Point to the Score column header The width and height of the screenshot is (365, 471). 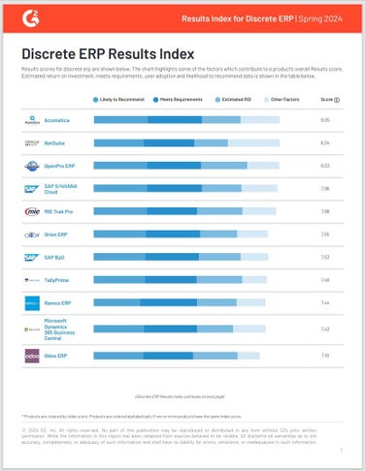click(327, 100)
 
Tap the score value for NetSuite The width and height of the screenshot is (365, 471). click(325, 142)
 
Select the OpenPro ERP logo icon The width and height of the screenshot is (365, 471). click(30, 166)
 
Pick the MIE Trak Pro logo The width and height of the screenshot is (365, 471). click(30, 210)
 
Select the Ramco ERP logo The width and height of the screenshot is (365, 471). click(30, 302)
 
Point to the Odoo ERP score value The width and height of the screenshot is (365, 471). click(325, 357)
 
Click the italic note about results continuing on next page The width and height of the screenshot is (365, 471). click(182, 396)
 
